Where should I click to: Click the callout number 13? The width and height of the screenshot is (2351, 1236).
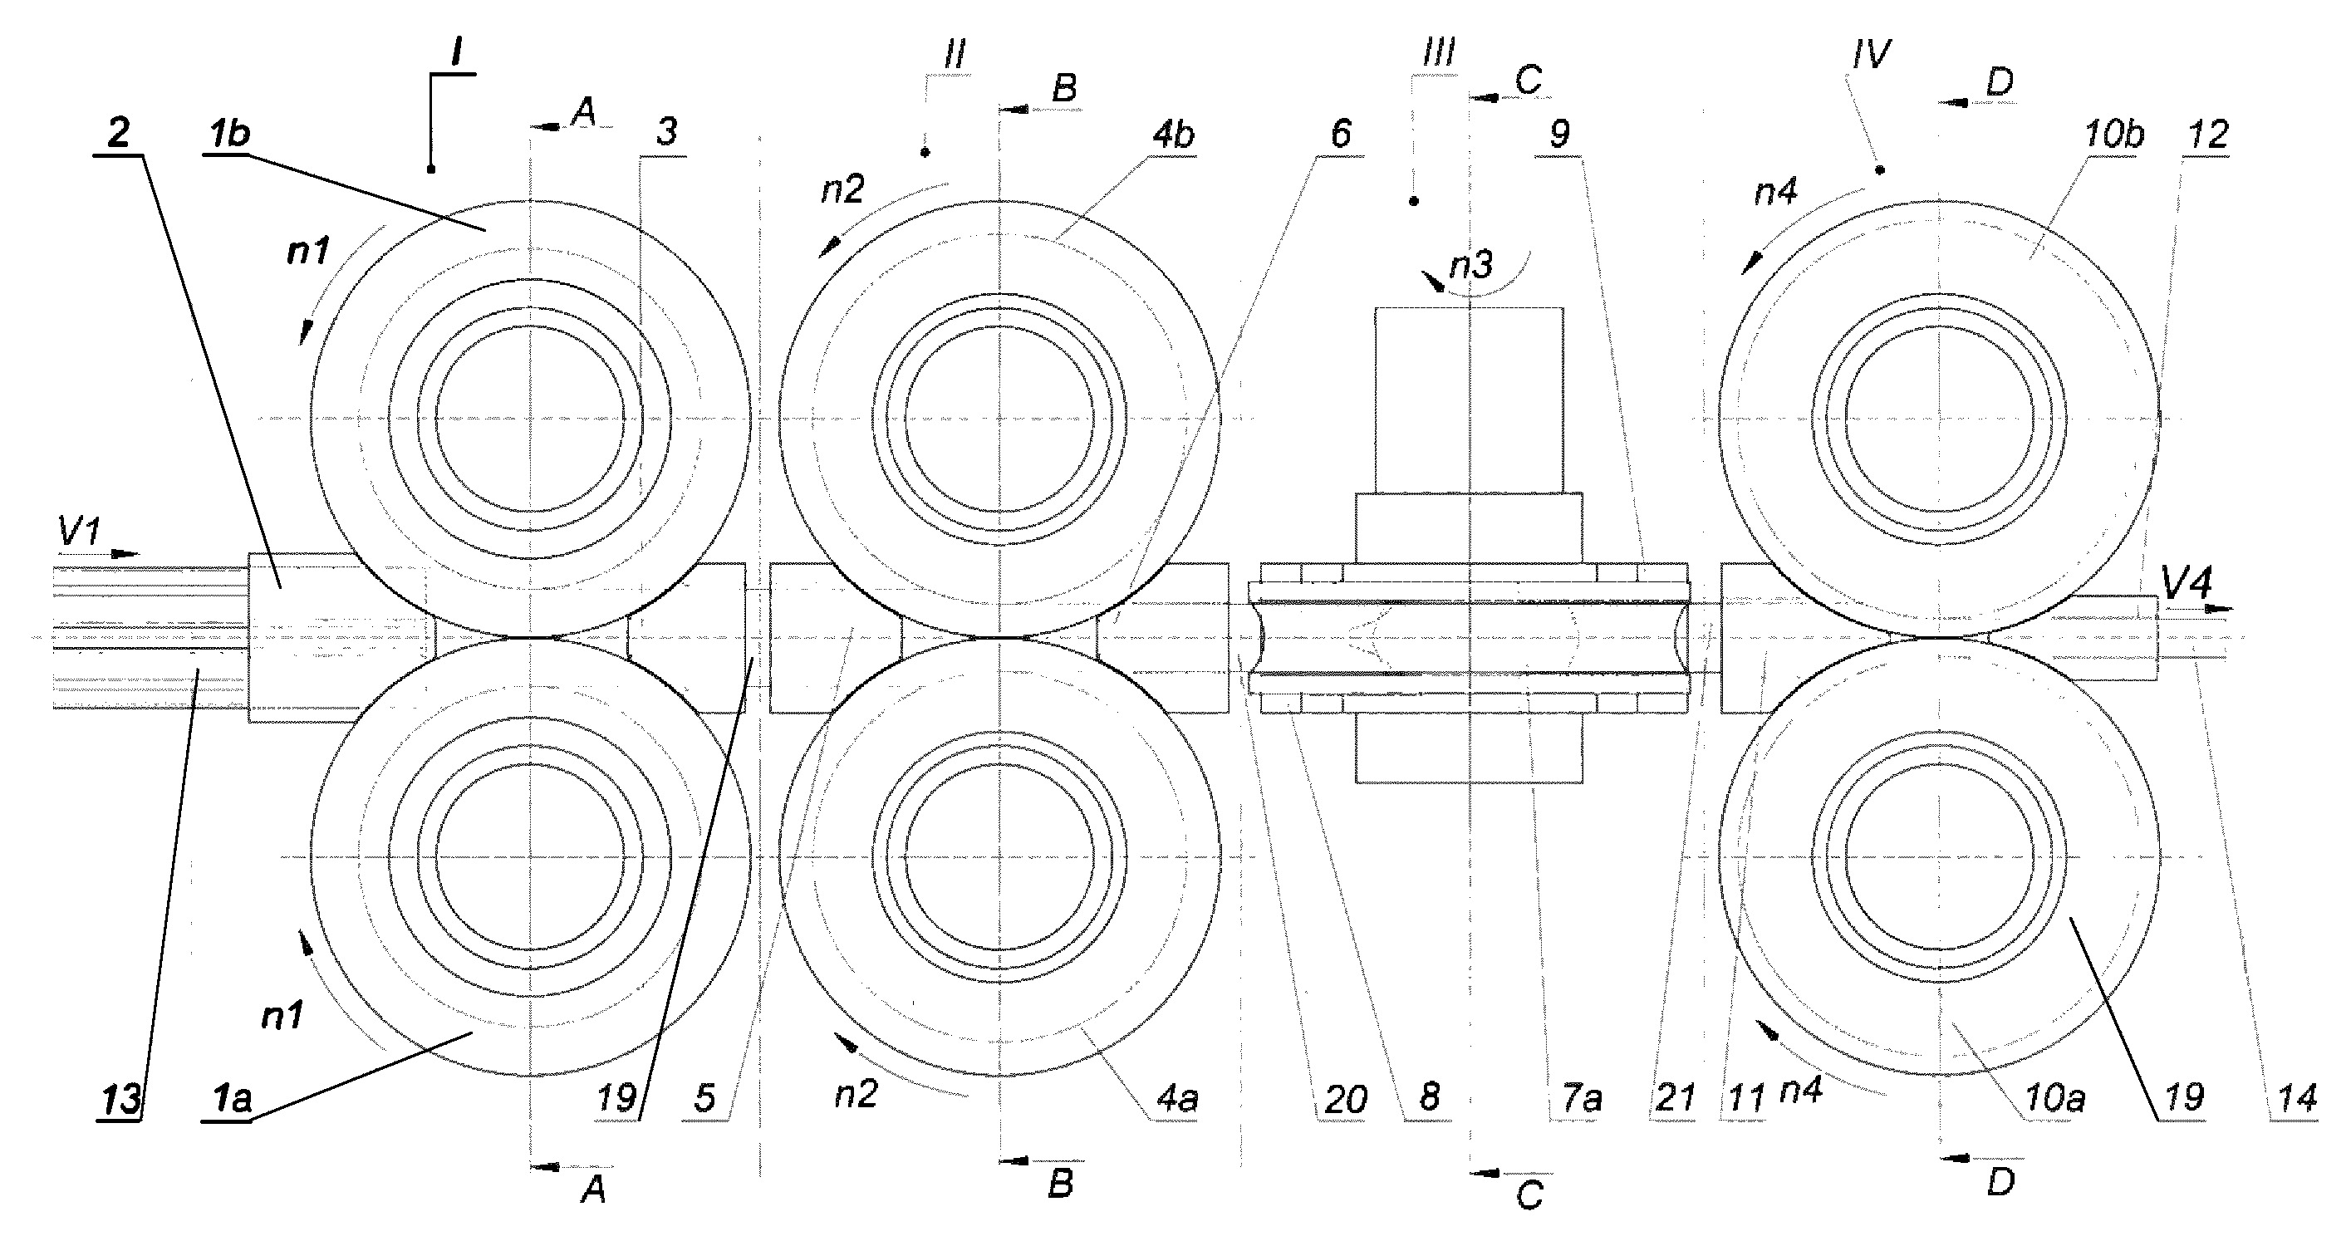[121, 1099]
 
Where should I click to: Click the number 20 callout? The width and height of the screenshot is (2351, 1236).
[1344, 1099]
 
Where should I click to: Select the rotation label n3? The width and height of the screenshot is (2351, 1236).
[1471, 265]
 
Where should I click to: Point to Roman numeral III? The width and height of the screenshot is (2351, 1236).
[1438, 53]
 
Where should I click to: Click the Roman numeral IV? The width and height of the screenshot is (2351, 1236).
[1871, 56]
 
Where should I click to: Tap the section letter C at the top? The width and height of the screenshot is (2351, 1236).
[1528, 81]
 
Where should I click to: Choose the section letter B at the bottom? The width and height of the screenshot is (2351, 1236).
[1061, 1184]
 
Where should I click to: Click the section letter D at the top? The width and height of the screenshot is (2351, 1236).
[2000, 83]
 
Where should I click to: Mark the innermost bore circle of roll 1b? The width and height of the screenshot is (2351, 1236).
[531, 421]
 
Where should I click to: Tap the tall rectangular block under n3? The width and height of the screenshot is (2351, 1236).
[1469, 400]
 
